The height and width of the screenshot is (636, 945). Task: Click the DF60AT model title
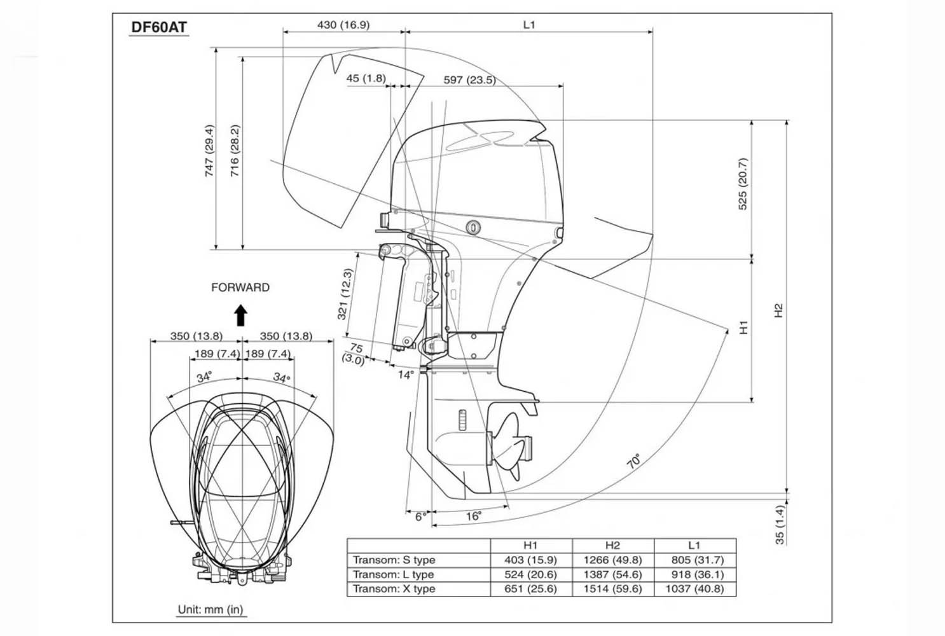point(158,27)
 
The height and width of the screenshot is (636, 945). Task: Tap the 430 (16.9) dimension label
point(343,25)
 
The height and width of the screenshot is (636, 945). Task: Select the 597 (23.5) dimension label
point(469,80)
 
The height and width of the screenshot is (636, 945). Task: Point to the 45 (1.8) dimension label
point(366,78)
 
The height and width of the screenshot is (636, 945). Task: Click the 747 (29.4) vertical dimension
point(209,150)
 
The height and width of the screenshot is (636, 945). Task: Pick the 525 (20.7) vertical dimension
point(743,184)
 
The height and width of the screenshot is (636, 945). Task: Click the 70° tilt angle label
point(634,461)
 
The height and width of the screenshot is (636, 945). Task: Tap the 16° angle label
point(473,516)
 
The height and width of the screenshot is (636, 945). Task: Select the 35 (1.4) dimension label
point(780,525)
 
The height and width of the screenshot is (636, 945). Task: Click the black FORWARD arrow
point(240,315)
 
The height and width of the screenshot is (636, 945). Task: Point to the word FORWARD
point(240,287)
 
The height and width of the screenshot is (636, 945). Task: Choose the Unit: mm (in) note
point(210,609)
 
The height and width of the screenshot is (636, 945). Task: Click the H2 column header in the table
point(612,545)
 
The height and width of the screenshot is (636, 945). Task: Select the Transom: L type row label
point(394,574)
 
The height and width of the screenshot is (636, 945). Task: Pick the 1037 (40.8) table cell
point(694,589)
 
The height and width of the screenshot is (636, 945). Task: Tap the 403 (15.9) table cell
point(530,560)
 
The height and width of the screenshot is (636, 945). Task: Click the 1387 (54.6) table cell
point(612,574)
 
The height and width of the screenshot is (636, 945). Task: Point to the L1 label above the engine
point(529,25)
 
